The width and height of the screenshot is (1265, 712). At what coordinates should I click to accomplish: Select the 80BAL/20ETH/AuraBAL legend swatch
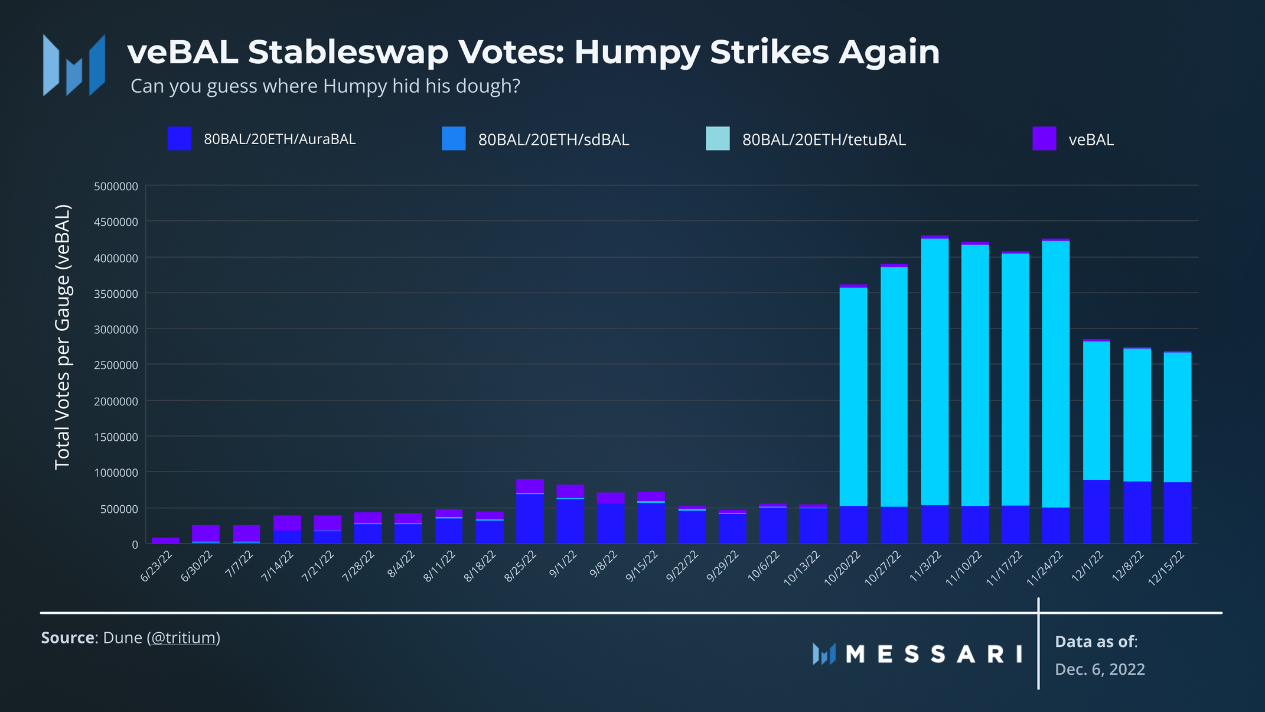[x=179, y=138]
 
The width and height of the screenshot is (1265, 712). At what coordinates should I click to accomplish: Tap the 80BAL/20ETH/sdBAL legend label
[x=553, y=139]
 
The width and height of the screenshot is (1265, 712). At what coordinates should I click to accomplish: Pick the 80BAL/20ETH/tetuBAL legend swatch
[x=718, y=138]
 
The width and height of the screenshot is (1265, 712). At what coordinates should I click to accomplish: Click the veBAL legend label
[x=1091, y=139]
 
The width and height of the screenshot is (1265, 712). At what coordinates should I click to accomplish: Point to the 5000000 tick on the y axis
[x=116, y=186]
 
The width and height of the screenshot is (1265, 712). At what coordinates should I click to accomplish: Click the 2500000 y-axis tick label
[x=116, y=365]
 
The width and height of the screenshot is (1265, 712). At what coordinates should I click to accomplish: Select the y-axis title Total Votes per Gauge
[x=63, y=337]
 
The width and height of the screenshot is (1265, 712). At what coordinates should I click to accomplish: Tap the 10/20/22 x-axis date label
[x=843, y=568]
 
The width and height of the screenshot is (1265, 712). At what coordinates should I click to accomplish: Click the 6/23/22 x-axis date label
[x=157, y=566]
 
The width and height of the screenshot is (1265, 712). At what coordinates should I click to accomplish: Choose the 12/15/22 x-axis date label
[x=1166, y=568]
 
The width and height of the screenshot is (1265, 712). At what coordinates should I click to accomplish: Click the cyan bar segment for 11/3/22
[x=935, y=372]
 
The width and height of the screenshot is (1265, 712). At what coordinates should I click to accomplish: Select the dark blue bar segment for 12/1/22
[x=1096, y=511]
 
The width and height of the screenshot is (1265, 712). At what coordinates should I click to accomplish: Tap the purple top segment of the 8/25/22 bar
[x=530, y=486]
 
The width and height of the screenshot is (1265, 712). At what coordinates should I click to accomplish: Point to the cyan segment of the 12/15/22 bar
[x=1177, y=417]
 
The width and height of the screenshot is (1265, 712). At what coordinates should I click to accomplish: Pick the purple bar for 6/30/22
[x=206, y=532]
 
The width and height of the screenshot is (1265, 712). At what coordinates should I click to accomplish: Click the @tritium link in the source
[x=185, y=638]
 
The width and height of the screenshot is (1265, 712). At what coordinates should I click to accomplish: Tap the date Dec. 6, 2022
[x=1100, y=669]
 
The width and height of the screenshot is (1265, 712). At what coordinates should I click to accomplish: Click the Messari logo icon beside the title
[x=74, y=65]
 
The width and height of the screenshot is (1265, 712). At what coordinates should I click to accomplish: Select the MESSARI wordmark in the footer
[x=934, y=654]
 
